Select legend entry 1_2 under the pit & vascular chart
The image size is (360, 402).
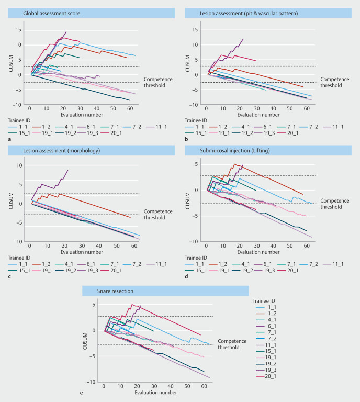click(x=230, y=126)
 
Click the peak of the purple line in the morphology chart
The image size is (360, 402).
click(x=68, y=170)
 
